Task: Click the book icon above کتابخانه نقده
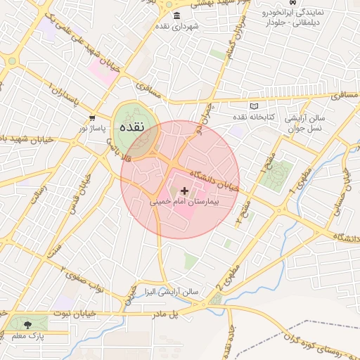point(254,106)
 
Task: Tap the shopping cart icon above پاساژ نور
point(92,118)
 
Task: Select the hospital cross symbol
point(185,191)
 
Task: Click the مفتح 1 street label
point(265,166)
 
